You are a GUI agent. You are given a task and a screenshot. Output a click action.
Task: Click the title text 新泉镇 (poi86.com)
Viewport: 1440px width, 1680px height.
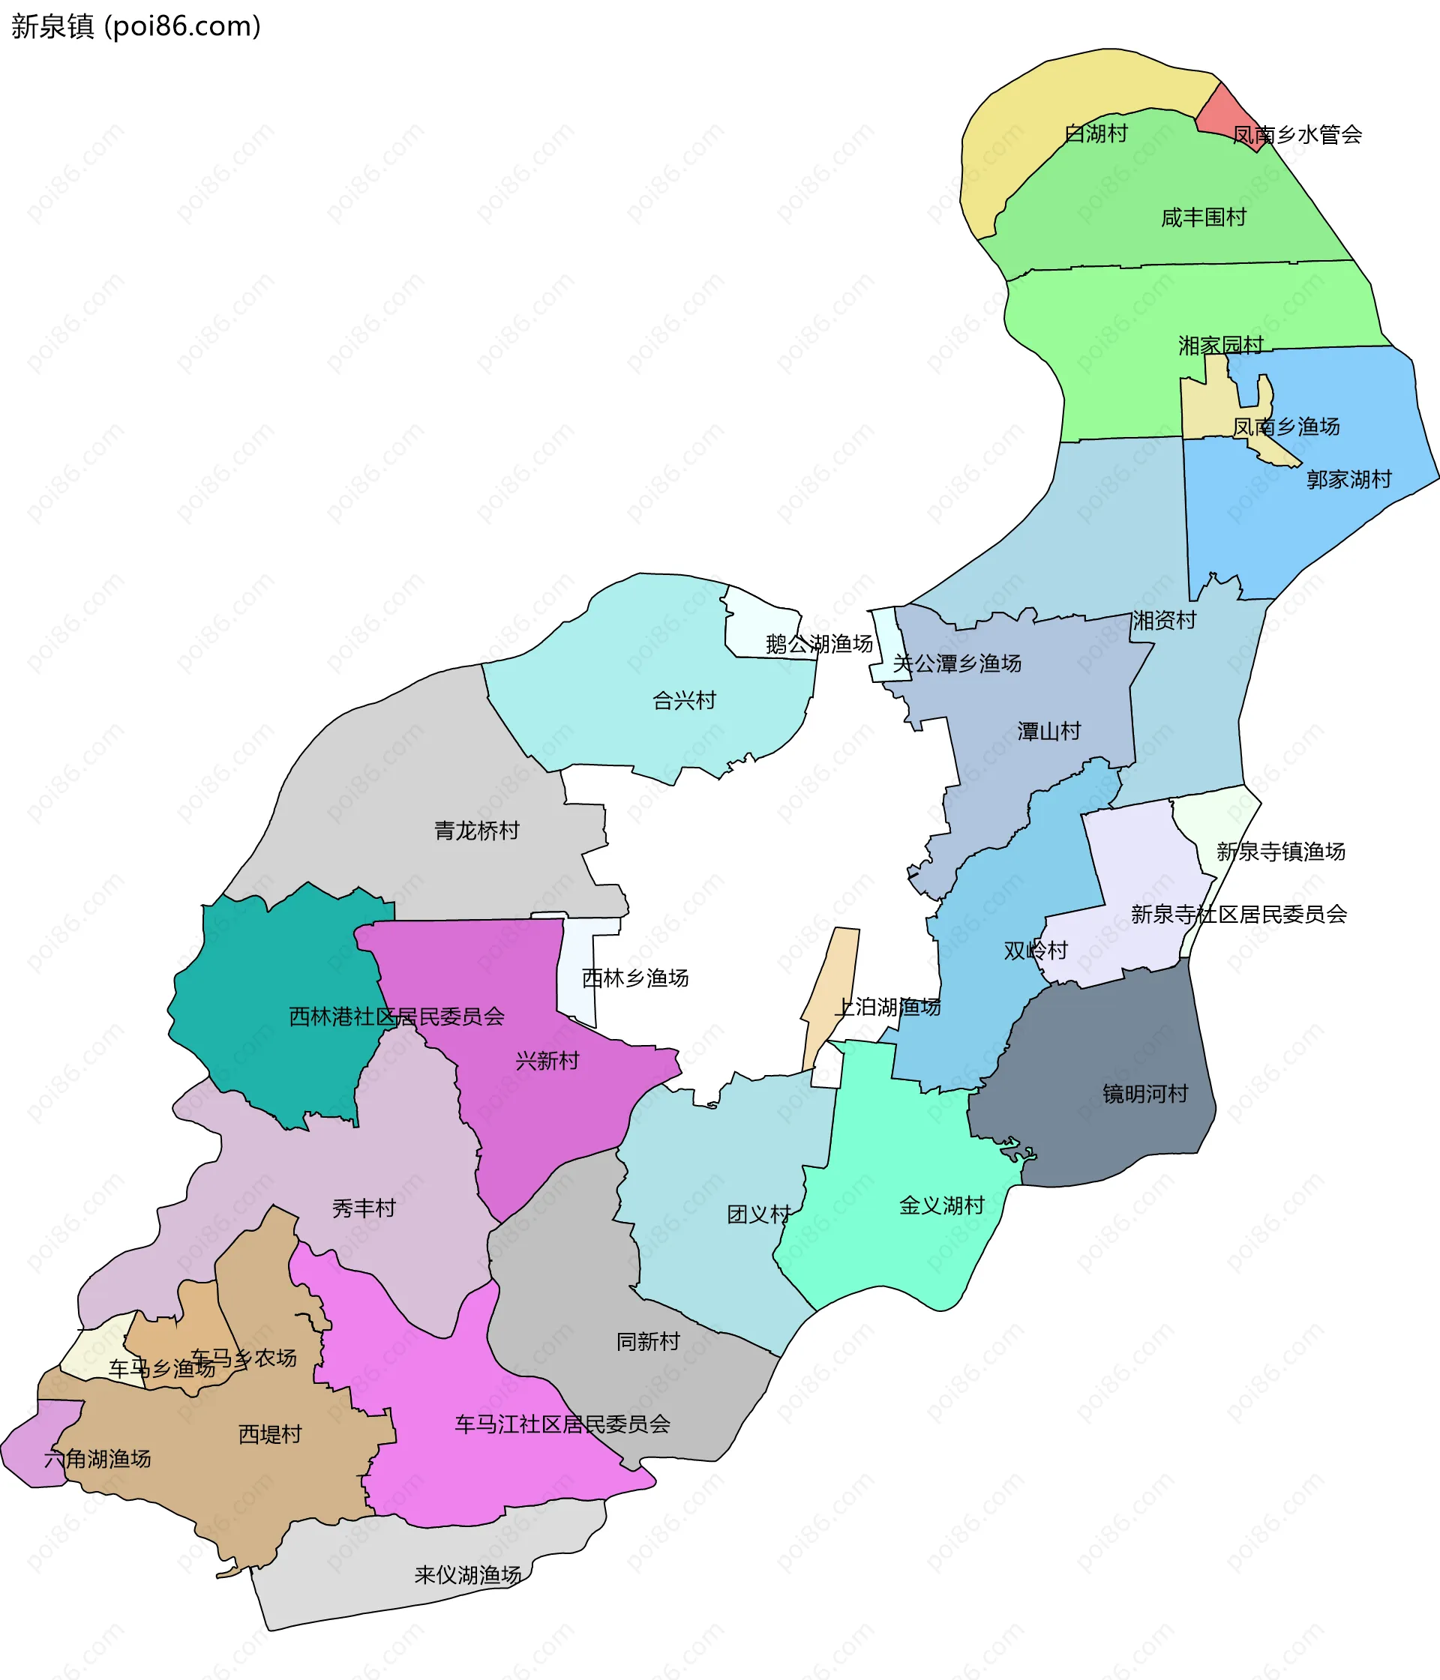coord(136,27)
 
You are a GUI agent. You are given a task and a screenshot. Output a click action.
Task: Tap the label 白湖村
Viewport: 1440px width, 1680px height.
coord(1095,133)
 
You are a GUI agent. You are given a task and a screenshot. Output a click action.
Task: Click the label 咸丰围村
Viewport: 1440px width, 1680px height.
coord(1203,217)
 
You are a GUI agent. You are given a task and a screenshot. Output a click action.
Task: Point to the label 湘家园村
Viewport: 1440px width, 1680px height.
coord(1220,346)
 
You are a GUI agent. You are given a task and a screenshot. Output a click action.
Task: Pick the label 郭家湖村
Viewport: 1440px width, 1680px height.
coord(1348,479)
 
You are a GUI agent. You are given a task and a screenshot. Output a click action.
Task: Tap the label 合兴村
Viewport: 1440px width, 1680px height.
coord(684,699)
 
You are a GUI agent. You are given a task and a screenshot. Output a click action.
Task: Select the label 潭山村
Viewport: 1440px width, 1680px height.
coord(1049,732)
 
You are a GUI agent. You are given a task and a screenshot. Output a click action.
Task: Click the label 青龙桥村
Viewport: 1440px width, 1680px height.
coord(476,831)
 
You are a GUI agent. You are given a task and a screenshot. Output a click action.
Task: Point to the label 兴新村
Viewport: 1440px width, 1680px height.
coord(547,1061)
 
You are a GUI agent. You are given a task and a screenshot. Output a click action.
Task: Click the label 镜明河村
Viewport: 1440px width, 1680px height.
coord(1144,1094)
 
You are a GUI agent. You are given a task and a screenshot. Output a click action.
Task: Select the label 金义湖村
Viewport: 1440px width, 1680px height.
coord(941,1205)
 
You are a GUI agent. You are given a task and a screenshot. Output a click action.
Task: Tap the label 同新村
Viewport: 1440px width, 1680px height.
coord(647,1341)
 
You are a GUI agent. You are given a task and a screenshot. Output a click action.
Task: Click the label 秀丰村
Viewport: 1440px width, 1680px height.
coord(364,1208)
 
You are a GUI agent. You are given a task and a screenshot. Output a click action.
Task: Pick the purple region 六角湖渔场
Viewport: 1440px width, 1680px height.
coord(32,1455)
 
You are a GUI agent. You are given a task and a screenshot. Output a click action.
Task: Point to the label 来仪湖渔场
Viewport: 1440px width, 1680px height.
coord(467,1574)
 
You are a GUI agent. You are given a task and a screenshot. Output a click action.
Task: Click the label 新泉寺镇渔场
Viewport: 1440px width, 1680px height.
coord(1280,852)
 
